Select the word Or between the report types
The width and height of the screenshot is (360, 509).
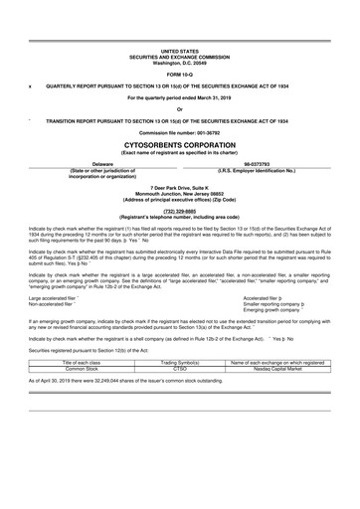point(179,109)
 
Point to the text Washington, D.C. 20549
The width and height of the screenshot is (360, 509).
point(179,62)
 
